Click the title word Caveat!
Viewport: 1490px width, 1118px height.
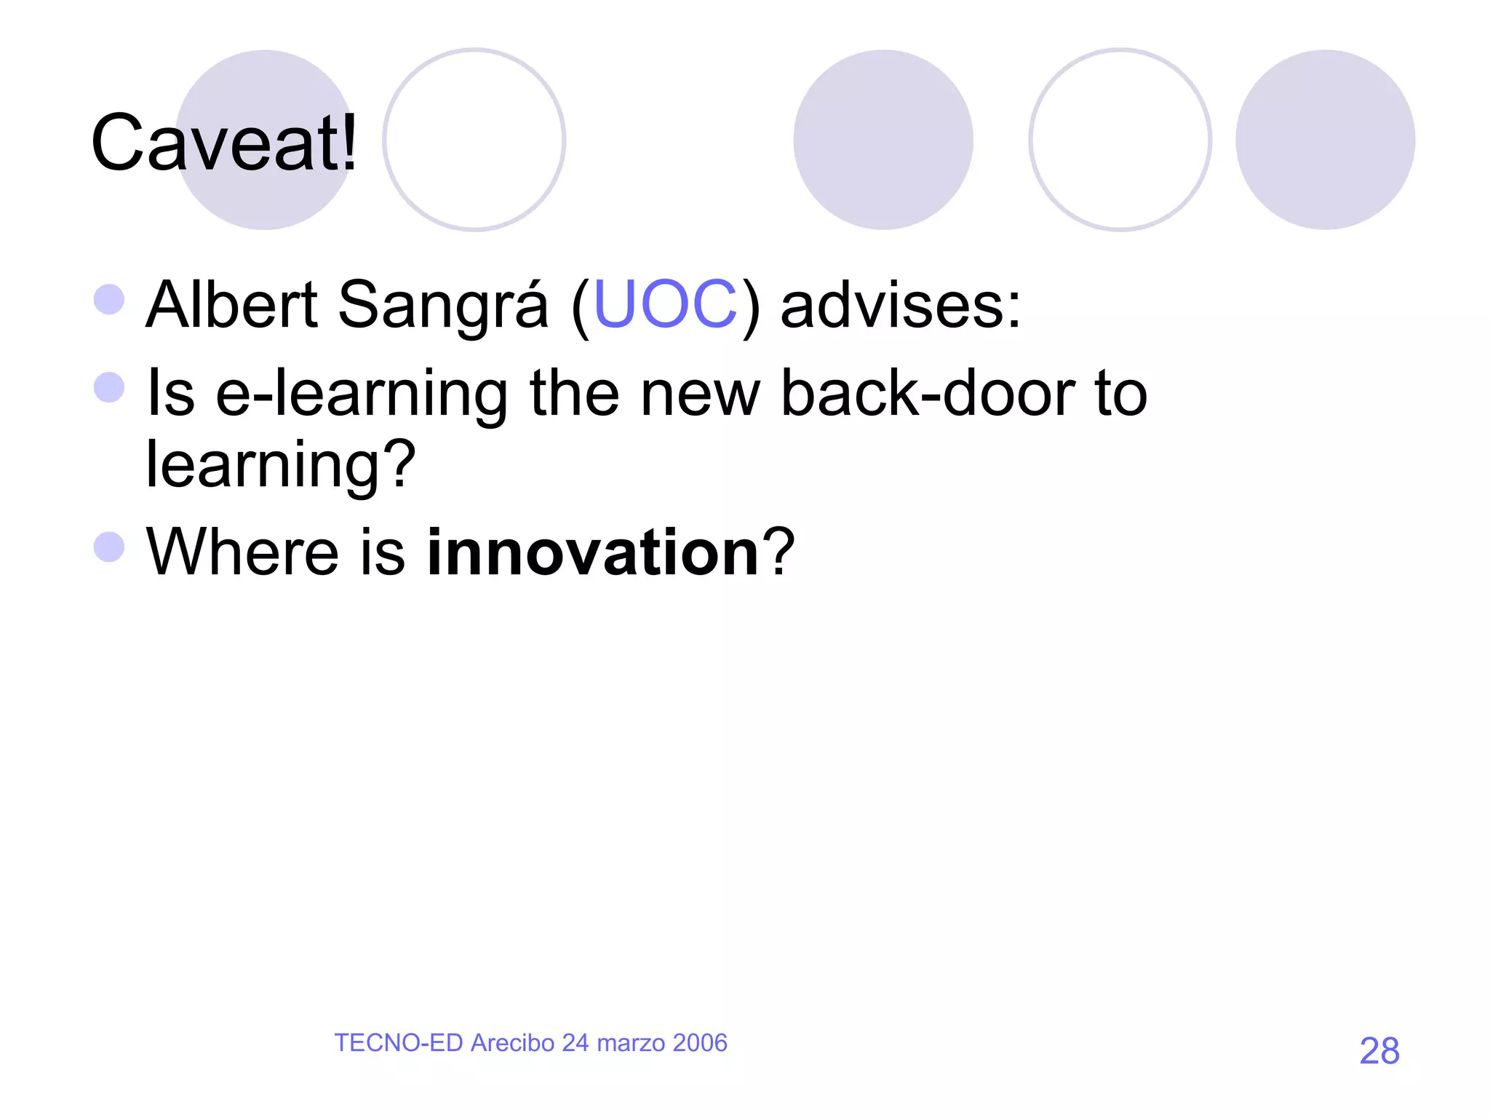[224, 143]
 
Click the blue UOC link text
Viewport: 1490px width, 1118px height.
[665, 304]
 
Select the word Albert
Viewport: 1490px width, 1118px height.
[231, 304]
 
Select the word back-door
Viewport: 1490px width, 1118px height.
[928, 393]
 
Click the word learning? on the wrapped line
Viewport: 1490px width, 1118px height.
[281, 464]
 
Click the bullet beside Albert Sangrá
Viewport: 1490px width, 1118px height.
[109, 299]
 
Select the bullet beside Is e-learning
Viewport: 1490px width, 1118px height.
[109, 387]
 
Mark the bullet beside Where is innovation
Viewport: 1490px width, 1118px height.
[109, 547]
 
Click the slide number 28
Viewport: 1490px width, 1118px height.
[1379, 1051]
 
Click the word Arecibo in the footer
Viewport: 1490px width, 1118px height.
[512, 1043]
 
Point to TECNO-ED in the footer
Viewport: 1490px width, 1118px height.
[398, 1043]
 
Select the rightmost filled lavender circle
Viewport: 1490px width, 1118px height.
[1325, 140]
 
